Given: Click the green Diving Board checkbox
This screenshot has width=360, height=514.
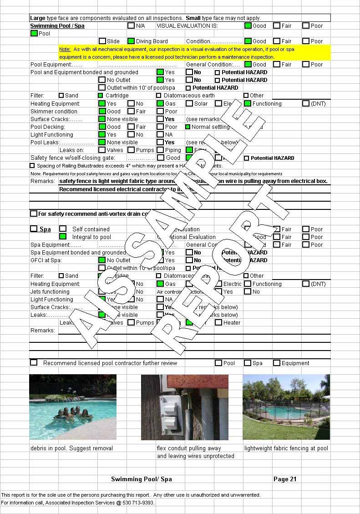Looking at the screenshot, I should [x=131, y=41].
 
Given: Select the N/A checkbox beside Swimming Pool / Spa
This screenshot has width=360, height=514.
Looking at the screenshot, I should [x=131, y=26].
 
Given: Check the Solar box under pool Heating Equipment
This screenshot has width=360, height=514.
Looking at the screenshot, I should [x=189, y=104].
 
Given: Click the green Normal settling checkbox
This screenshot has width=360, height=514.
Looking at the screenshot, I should [x=188, y=127].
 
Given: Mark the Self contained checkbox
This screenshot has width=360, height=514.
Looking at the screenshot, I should [x=63, y=229].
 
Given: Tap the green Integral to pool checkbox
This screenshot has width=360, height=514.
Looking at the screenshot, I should [x=63, y=237].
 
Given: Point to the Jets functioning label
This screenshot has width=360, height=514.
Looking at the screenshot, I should [x=50, y=292].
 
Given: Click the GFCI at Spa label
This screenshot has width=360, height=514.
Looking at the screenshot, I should [x=46, y=260].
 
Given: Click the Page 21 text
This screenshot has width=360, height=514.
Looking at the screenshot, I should [x=285, y=479].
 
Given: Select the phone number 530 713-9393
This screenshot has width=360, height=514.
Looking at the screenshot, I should [x=138, y=503].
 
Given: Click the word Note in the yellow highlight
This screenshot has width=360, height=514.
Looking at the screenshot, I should [x=64, y=49].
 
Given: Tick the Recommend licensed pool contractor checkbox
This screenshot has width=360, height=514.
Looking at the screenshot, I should [x=34, y=363].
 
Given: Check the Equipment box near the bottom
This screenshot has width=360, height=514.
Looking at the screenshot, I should [x=277, y=363].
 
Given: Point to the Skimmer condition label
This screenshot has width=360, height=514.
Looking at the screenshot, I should [x=54, y=112].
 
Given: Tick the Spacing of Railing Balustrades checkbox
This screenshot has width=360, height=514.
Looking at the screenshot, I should [x=32, y=166].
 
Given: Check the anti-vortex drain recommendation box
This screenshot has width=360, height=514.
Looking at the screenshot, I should [x=34, y=214].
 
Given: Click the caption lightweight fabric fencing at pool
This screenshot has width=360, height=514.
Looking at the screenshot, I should [x=286, y=448].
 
